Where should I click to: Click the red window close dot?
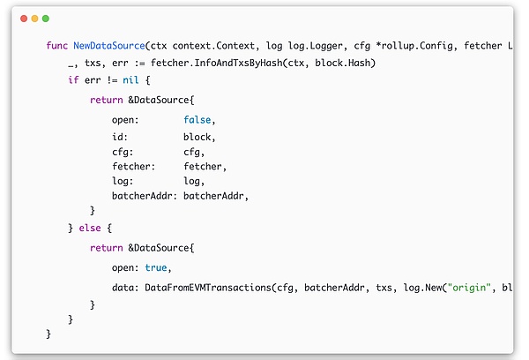[x=24, y=18]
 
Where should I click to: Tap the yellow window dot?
[x=34, y=18]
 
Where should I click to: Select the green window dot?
[x=46, y=18]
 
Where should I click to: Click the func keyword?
[x=56, y=45]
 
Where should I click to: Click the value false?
[x=199, y=119]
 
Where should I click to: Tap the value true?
[x=157, y=267]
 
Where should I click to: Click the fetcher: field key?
[x=133, y=165]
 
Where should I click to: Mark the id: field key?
[x=120, y=136]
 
